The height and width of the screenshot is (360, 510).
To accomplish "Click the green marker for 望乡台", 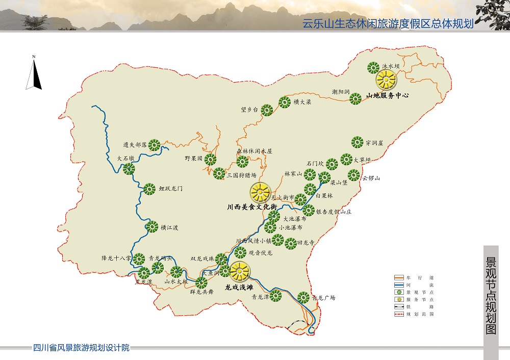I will coord(267,110).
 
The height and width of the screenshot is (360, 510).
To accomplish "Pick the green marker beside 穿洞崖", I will coord(357,142).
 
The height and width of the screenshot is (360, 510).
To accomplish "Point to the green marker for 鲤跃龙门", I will coord(149,189).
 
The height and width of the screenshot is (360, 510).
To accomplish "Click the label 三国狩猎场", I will coord(241,175).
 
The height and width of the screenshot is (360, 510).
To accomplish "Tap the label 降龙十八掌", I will coord(116,259).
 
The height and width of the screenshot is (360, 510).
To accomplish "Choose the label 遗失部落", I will coord(135,145).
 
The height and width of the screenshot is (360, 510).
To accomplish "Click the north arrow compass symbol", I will coord(34,74).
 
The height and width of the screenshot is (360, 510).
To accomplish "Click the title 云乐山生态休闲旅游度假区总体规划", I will coord(388,24).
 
